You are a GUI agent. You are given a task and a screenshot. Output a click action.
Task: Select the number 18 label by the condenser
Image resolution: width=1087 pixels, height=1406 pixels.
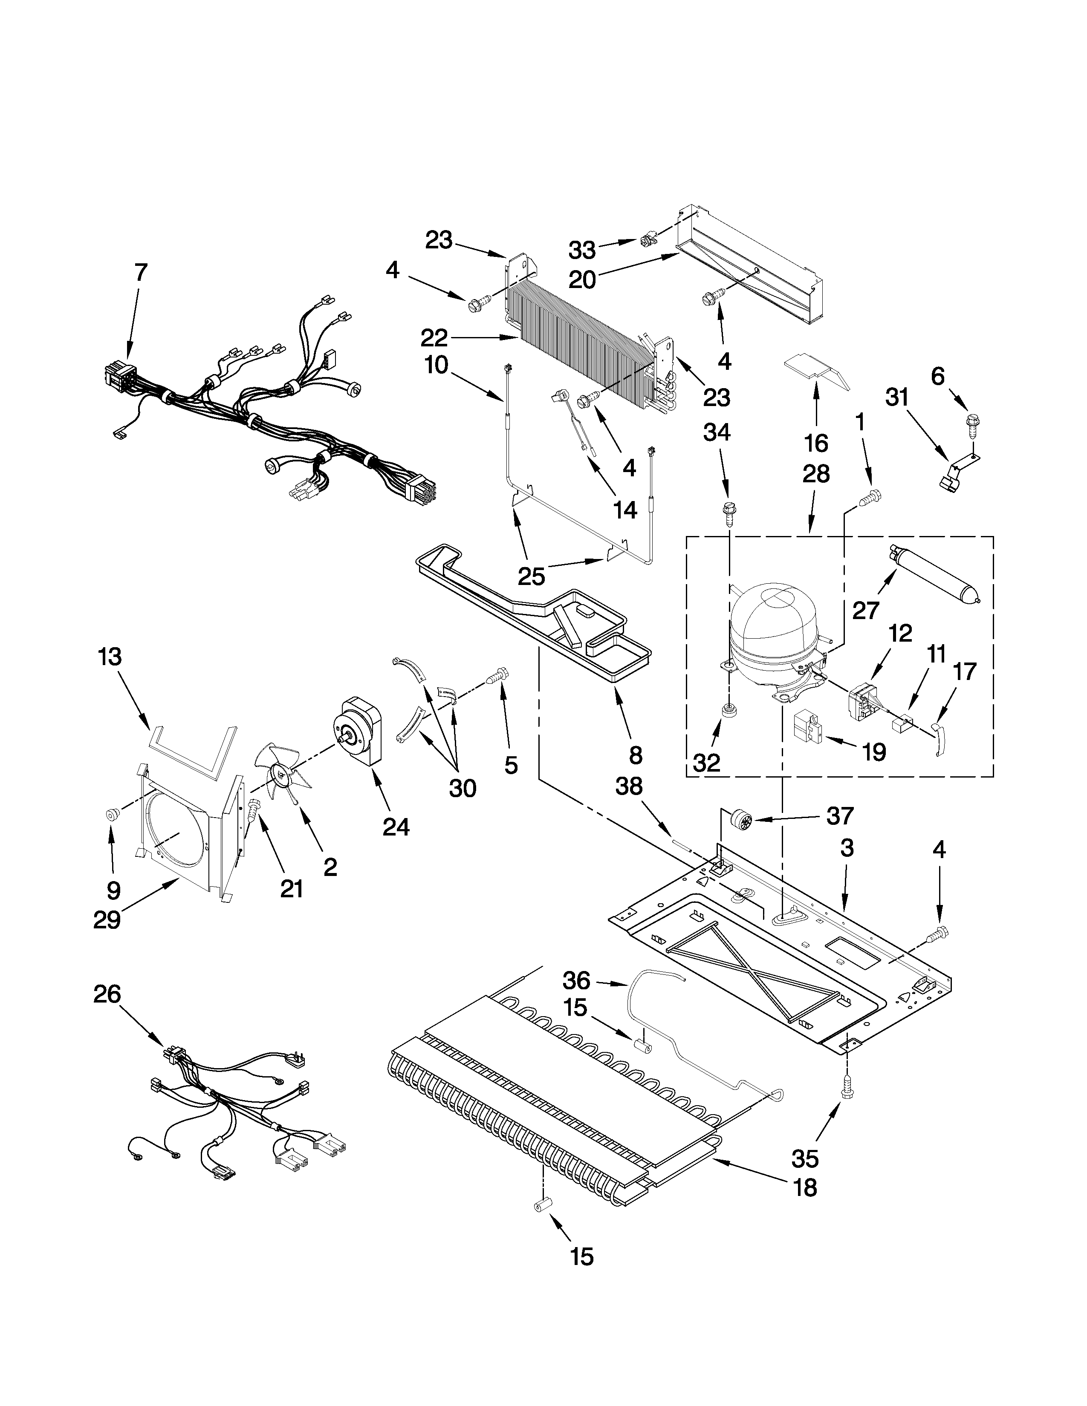coord(805,1187)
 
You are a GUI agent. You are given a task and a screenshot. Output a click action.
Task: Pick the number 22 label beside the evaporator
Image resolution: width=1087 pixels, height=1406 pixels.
coord(434,337)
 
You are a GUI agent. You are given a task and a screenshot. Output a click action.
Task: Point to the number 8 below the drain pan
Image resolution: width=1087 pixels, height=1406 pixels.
coord(635,755)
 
